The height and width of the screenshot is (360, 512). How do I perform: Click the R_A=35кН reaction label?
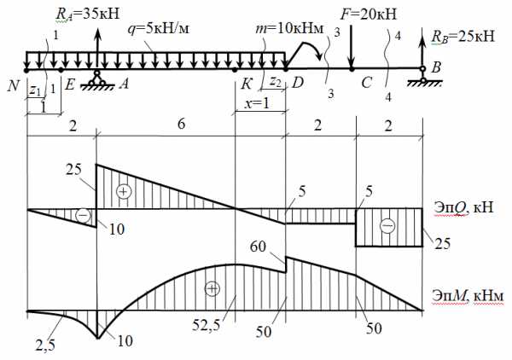tap(88, 14)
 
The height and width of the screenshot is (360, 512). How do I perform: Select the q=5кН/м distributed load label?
tap(159, 29)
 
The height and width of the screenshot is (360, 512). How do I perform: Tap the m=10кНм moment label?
tap(289, 29)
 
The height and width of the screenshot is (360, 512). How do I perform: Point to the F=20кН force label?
tap(369, 14)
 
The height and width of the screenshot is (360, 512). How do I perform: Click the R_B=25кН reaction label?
tap(463, 36)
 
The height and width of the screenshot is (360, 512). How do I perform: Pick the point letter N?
tap(14, 86)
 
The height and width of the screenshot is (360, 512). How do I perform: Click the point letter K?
tap(247, 84)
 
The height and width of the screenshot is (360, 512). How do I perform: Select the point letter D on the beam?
tap(298, 84)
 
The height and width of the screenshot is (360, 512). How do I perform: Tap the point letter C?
tap(366, 83)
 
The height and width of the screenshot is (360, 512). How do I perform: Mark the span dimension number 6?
tap(182, 124)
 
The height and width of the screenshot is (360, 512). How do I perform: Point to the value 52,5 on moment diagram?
tap(206, 325)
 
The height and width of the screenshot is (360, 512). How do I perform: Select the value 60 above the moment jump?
tap(258, 247)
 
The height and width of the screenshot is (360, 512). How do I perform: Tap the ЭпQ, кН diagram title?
tap(463, 208)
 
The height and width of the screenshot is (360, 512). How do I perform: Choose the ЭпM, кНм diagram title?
tap(468, 296)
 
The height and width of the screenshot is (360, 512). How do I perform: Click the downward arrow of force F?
tap(351, 47)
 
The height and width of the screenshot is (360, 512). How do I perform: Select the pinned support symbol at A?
tap(97, 79)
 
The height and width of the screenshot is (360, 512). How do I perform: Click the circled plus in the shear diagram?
tap(124, 192)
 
